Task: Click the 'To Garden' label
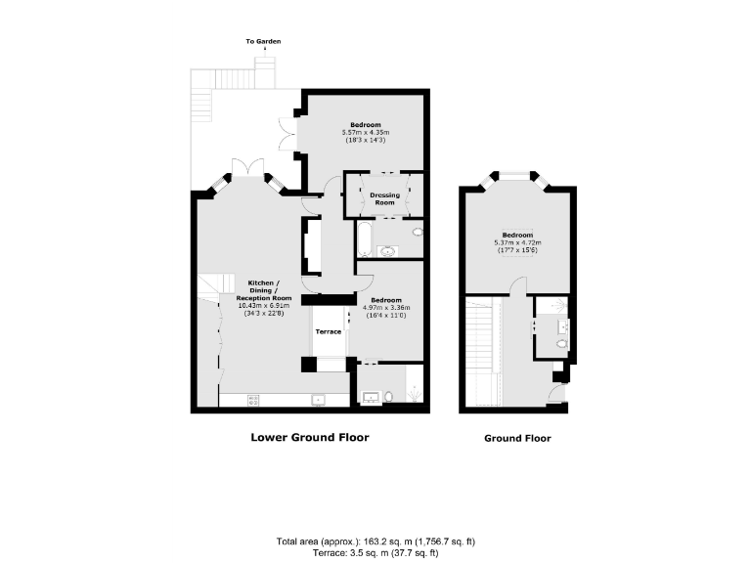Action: point(264,41)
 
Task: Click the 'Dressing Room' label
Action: point(384,198)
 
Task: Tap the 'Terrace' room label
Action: point(328,332)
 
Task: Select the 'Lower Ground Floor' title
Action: point(309,437)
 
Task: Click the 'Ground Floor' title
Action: point(517,438)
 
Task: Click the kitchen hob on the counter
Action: point(254,399)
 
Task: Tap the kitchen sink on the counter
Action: point(317,399)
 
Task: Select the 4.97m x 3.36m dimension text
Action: point(385,308)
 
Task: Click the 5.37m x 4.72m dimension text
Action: point(517,242)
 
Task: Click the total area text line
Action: point(375,541)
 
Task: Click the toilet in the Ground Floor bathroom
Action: point(560,344)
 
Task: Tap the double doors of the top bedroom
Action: point(287,134)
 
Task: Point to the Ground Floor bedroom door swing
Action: point(518,285)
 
